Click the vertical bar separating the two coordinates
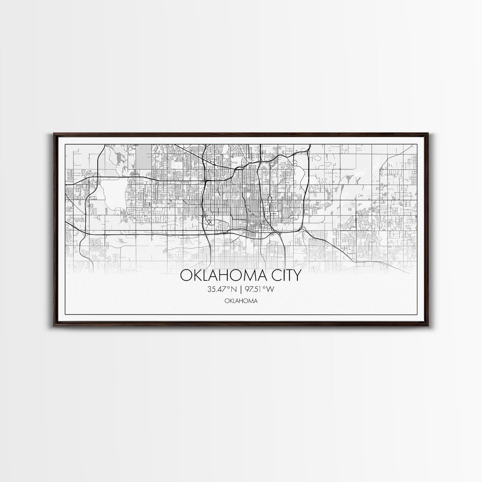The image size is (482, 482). tap(241, 289)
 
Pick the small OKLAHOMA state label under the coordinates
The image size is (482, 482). tap(241, 301)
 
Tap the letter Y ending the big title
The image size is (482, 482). tap(298, 275)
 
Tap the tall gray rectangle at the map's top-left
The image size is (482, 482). tap(145, 157)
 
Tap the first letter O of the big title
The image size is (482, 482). tap(185, 275)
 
